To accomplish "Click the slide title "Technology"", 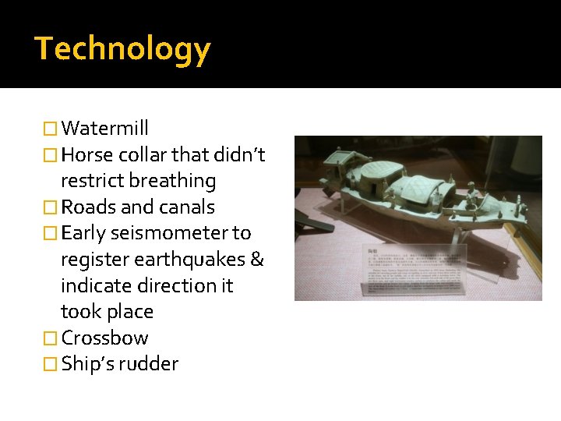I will point(122,49).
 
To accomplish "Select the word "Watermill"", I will point(104,128).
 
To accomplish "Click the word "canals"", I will point(186,207).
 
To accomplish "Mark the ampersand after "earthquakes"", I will point(257,260).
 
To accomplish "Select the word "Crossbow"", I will point(104,338).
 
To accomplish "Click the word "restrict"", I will point(92,181).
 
